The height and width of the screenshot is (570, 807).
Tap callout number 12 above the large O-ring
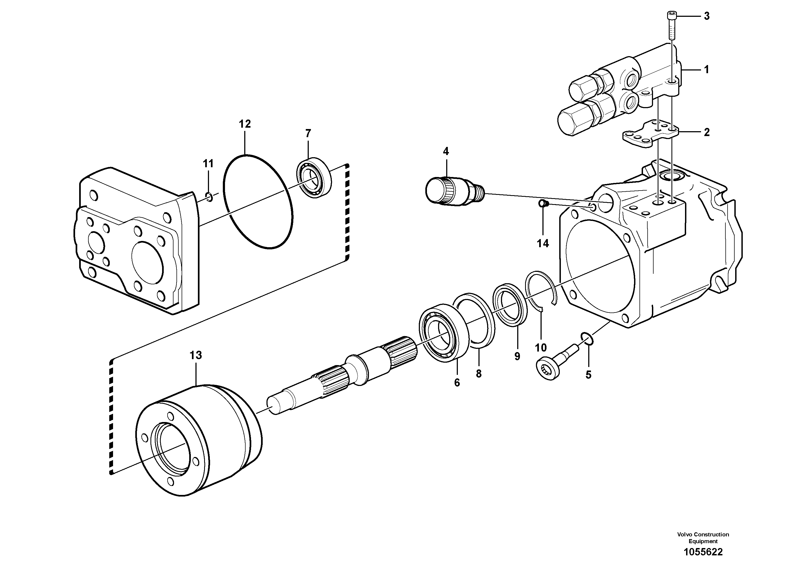[x=245, y=124]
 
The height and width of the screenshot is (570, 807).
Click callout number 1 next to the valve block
[x=706, y=70]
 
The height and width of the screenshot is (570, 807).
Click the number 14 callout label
[x=543, y=243]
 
